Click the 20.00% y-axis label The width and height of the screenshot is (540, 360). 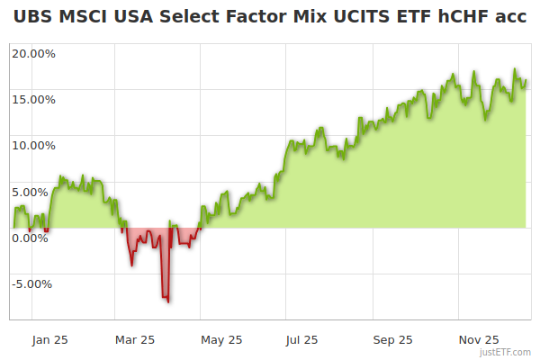[x=33, y=53]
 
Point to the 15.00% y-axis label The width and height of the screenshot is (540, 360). [x=33, y=99]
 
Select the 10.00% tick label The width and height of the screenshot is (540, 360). [x=33, y=145]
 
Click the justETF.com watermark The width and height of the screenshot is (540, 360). [x=507, y=353]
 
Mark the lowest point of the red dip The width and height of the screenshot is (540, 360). [x=167, y=301]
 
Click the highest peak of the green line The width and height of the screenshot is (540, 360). [x=516, y=69]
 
